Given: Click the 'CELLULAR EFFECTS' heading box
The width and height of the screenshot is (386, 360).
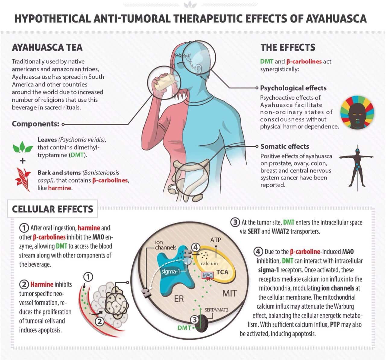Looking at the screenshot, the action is coord(52,209).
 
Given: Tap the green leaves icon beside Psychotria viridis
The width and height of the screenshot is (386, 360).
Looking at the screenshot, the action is coord(23,147).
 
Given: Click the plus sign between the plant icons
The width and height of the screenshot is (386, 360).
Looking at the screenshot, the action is coord(23,161).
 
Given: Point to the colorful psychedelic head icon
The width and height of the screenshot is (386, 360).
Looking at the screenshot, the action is coord(357,112).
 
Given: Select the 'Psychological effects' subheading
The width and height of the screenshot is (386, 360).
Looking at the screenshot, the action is coord(293,88).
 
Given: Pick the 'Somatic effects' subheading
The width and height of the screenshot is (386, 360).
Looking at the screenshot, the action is coord(285,146).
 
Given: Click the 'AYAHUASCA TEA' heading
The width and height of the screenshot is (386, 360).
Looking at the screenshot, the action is coord(47,47).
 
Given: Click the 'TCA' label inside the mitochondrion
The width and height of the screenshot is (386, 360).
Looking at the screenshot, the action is coord(222,272).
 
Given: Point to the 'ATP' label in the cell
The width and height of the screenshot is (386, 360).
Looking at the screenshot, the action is coord(216,240).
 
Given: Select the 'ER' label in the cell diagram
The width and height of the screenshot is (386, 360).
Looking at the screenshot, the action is coord(179,299).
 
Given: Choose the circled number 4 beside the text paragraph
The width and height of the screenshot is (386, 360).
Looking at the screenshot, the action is coord(258,252).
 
